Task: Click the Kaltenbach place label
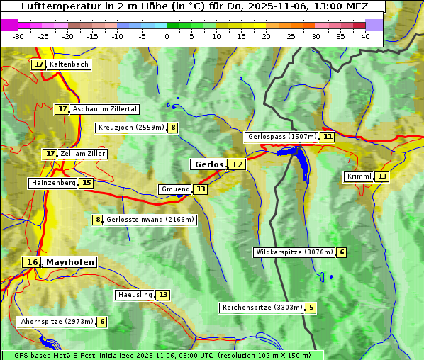click(69, 64)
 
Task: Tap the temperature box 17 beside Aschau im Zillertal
click(62, 109)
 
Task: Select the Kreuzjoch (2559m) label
click(131, 128)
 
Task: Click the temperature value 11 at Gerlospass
click(327, 137)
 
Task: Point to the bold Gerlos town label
click(208, 164)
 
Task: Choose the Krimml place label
click(359, 176)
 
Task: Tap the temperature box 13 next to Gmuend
click(201, 189)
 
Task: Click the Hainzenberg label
click(52, 183)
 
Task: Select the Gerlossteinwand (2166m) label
click(150, 220)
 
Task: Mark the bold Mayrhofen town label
click(69, 262)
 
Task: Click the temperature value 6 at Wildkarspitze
click(342, 252)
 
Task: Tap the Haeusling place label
click(135, 295)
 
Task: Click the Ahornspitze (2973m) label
click(57, 322)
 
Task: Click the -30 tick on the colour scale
click(18, 36)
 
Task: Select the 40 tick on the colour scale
click(365, 36)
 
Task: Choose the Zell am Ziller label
click(83, 154)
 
